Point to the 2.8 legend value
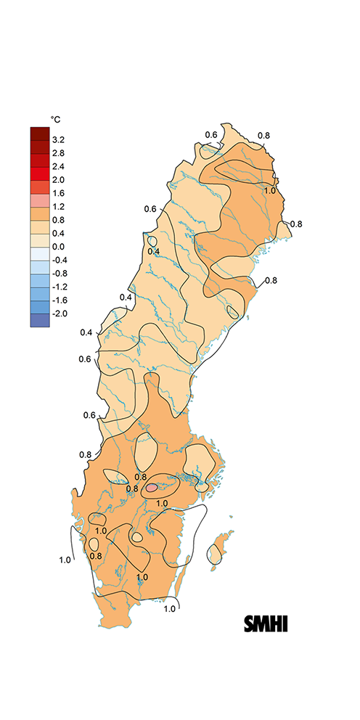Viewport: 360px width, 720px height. click(58, 153)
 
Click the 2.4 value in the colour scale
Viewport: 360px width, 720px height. click(58, 166)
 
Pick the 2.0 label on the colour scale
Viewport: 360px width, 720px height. click(58, 179)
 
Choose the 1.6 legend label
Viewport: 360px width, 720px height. click(58, 193)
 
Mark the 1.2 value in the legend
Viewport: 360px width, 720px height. click(58, 206)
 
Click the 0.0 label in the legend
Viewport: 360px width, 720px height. click(58, 246)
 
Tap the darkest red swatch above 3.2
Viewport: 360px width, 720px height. click(39, 133)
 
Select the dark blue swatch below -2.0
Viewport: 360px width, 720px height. click(39, 320)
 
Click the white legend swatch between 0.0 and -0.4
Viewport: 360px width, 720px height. click(39, 253)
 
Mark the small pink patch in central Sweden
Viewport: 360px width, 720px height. click(151, 488)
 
